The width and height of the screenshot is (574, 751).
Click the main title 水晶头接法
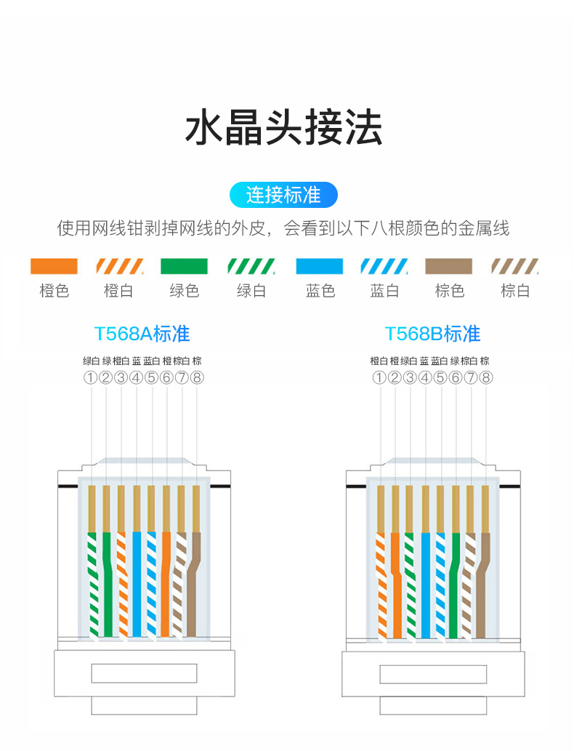283,129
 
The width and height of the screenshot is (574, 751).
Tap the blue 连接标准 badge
283,195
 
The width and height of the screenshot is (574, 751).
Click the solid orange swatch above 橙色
54,266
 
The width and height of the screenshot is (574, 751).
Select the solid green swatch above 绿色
184,266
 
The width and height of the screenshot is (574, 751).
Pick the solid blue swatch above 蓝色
320,266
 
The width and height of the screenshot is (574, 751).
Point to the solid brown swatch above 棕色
449,266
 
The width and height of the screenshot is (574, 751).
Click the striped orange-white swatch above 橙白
118,266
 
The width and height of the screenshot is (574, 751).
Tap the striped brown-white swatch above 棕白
514,266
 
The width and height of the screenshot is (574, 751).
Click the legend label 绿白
251,291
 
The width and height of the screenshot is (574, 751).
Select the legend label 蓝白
384,291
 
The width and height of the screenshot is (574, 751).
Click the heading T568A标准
142,334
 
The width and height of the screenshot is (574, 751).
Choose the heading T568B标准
432,334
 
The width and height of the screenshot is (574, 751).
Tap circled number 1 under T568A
90,377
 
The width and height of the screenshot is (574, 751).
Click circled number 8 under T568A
196,377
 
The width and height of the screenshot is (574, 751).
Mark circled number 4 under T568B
425,377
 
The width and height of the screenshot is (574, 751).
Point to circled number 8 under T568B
486,377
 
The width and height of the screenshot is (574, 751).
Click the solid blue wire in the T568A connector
136,582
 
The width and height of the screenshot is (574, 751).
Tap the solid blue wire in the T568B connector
425,582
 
